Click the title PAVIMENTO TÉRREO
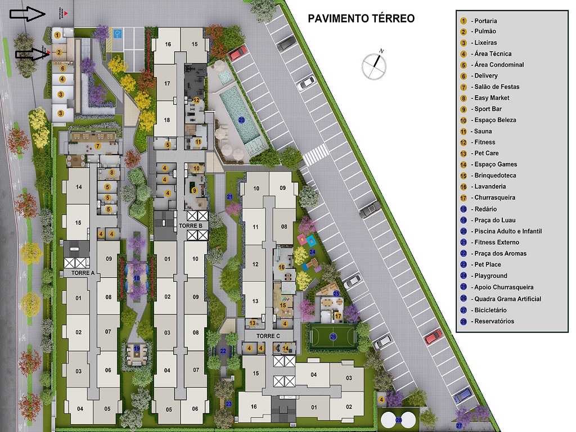coord(361,18)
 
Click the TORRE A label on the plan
coord(83,273)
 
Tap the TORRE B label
coord(191,226)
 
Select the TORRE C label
coord(268,336)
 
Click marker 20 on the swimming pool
coord(241,119)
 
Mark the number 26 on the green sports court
coord(333,336)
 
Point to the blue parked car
coord(462,394)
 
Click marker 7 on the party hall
coord(97,146)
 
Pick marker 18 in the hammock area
coord(137,278)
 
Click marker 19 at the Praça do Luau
coord(137,349)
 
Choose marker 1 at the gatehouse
coord(57,35)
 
